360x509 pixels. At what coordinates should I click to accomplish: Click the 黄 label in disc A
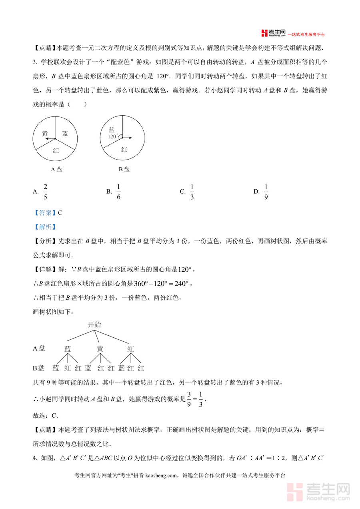45,134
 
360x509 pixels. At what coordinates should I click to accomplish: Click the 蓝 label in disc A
65,134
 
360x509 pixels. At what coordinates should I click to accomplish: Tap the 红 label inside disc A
56,151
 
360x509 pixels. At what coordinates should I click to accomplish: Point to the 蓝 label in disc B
112,129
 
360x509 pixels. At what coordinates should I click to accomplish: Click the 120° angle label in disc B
112,136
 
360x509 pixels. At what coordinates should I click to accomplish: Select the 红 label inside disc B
124,150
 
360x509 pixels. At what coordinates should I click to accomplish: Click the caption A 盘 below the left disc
56,169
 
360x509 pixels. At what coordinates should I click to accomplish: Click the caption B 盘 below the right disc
124,169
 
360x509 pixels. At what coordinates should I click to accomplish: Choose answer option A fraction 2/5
45,191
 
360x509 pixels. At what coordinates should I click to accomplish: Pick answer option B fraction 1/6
118,191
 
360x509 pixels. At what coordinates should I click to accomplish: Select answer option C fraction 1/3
192,191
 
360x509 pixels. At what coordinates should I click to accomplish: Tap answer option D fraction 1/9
266,191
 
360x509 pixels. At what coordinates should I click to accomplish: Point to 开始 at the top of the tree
94,325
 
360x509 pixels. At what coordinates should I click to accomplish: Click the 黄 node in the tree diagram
100,349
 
